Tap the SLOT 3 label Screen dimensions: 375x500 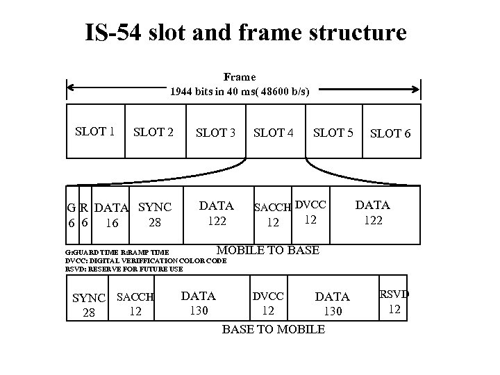(x=216, y=133)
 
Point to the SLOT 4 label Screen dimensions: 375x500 (x=274, y=133)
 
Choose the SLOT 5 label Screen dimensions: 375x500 (x=333, y=133)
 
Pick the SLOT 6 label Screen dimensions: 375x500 (x=390, y=133)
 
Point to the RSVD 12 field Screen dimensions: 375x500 (x=394, y=301)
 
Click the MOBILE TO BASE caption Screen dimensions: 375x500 (x=268, y=250)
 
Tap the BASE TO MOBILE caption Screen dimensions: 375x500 (x=272, y=329)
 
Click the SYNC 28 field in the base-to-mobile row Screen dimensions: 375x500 (x=89, y=305)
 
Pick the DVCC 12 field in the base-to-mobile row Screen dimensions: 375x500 (x=267, y=303)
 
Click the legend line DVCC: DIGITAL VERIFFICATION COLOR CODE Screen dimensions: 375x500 (x=146, y=261)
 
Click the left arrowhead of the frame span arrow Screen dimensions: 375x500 (x=69, y=89)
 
